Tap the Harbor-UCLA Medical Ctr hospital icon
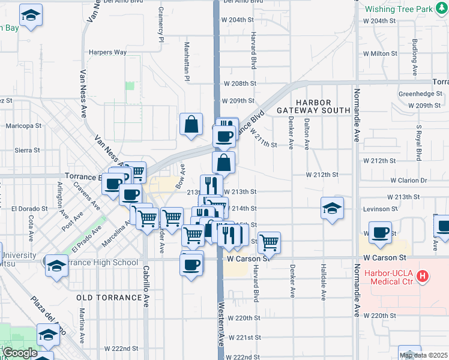tap(423, 276)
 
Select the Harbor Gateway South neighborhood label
tap(313, 106)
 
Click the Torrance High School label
tap(104, 262)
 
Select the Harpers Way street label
tap(107, 52)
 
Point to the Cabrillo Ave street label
tap(146, 287)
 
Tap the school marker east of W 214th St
tap(332, 208)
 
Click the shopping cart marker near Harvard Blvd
tap(270, 242)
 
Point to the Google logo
tap(19, 353)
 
